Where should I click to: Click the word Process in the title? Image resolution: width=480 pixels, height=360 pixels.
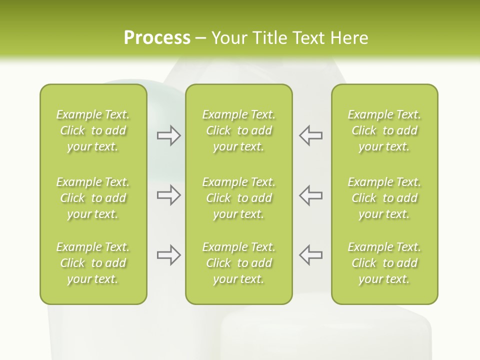pyautogui.click(x=157, y=38)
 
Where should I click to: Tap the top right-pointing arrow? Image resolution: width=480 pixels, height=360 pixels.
pyautogui.click(x=168, y=135)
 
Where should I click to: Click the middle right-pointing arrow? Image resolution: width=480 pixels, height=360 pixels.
pyautogui.click(x=168, y=195)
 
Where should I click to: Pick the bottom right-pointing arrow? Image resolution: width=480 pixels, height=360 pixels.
pyautogui.click(x=168, y=255)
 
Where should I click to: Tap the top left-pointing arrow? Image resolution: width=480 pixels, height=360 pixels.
pyautogui.click(x=310, y=135)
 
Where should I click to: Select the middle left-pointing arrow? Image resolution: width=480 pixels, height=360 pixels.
pyautogui.click(x=310, y=195)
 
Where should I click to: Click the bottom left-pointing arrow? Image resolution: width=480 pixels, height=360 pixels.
pyautogui.click(x=310, y=255)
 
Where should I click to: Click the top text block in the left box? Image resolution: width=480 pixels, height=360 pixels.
pyautogui.click(x=93, y=130)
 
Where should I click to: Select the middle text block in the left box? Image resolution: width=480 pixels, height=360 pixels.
pyautogui.click(x=93, y=198)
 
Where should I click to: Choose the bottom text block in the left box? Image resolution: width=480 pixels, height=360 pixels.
pyautogui.click(x=93, y=263)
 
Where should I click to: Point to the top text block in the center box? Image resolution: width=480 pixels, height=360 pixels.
pyautogui.click(x=238, y=130)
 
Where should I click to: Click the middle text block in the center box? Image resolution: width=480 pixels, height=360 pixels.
pyautogui.click(x=238, y=198)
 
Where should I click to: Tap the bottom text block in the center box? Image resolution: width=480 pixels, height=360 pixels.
pyautogui.click(x=238, y=263)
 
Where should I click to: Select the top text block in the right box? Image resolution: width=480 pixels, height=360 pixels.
pyautogui.click(x=384, y=130)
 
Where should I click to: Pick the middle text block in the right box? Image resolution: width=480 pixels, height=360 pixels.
pyautogui.click(x=384, y=198)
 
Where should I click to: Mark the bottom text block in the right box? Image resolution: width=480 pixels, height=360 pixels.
pyautogui.click(x=384, y=263)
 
